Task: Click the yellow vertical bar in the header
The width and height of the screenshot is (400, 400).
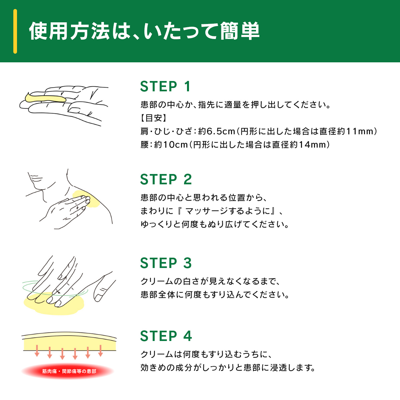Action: [x=15, y=31]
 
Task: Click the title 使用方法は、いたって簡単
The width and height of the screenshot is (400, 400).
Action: [x=144, y=31]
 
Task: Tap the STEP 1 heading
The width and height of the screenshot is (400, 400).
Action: [x=165, y=86]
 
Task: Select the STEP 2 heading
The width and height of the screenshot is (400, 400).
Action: [x=166, y=179]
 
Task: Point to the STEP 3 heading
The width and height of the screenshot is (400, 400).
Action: [x=166, y=263]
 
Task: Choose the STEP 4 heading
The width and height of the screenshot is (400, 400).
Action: [x=166, y=336]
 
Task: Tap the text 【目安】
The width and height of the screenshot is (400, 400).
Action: [x=154, y=118]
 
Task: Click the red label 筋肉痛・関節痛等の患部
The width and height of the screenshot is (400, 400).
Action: [x=69, y=371]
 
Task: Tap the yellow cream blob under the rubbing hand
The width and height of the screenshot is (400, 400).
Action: [x=54, y=303]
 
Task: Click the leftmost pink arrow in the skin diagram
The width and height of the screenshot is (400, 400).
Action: [x=37, y=351]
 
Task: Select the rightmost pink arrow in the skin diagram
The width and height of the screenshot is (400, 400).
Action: [x=101, y=351]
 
